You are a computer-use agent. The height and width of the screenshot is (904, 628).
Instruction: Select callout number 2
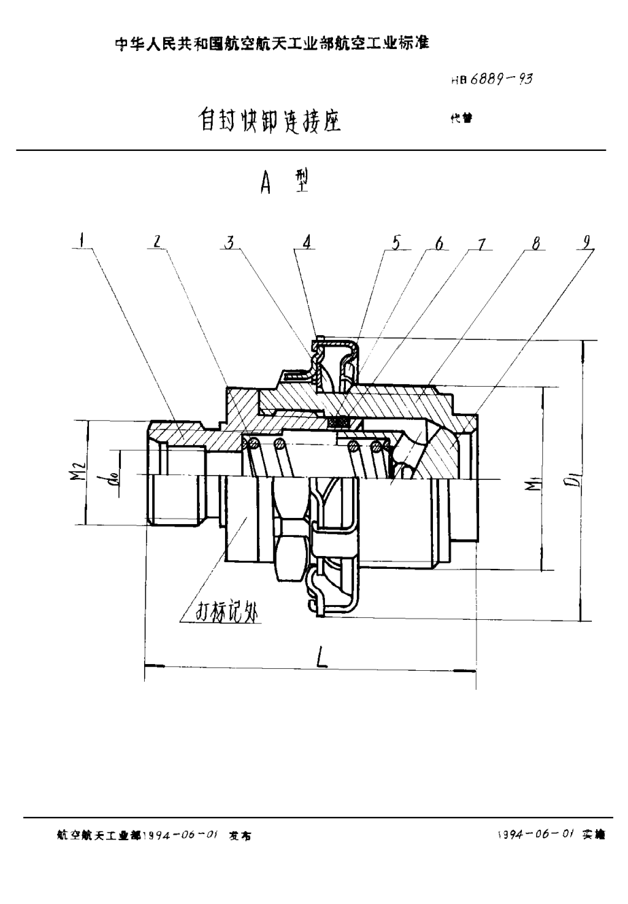pyautogui.click(x=157, y=241)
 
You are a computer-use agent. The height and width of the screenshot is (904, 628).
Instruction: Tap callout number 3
pyautogui.click(x=231, y=241)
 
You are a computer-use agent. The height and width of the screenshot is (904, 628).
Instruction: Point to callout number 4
pyautogui.click(x=307, y=241)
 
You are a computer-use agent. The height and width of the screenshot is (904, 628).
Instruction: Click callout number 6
pyautogui.click(x=439, y=243)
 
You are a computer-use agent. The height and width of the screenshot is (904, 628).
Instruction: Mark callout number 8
pyautogui.click(x=536, y=243)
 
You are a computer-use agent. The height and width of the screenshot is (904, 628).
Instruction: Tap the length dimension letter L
pyautogui.click(x=321, y=657)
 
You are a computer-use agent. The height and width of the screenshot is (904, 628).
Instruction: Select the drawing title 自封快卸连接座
pyautogui.click(x=269, y=121)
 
